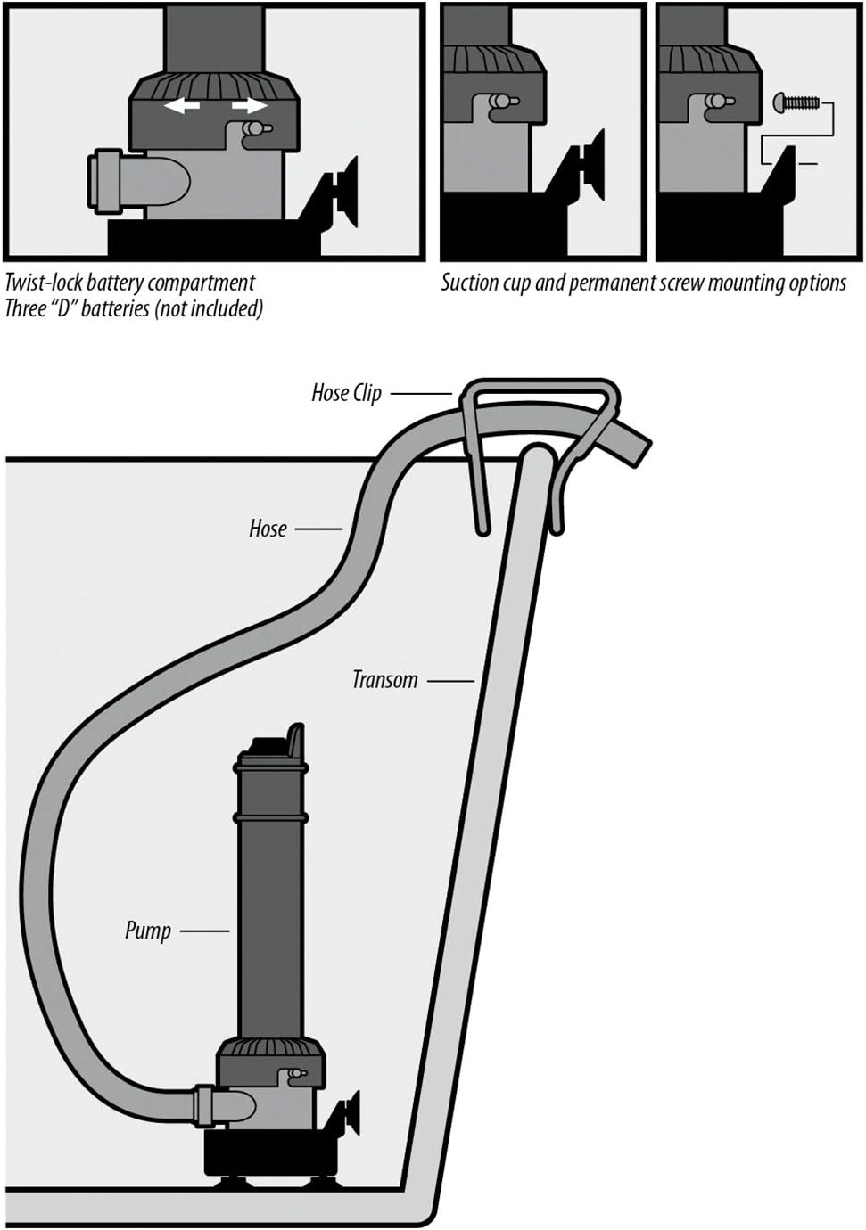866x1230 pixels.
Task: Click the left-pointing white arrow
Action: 182,106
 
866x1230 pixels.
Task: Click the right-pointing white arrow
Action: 249,106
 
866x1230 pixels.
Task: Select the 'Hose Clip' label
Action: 346,393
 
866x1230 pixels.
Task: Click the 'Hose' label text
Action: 268,529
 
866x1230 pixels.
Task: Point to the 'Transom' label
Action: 384,680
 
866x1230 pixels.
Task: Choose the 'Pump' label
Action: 148,931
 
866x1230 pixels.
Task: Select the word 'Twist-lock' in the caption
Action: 44,283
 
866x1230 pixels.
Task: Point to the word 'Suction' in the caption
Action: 469,283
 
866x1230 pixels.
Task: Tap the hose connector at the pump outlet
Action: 204,1106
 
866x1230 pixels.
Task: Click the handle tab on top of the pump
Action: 294,739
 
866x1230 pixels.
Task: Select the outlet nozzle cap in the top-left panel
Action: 107,181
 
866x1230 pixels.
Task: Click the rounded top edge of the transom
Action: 536,455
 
